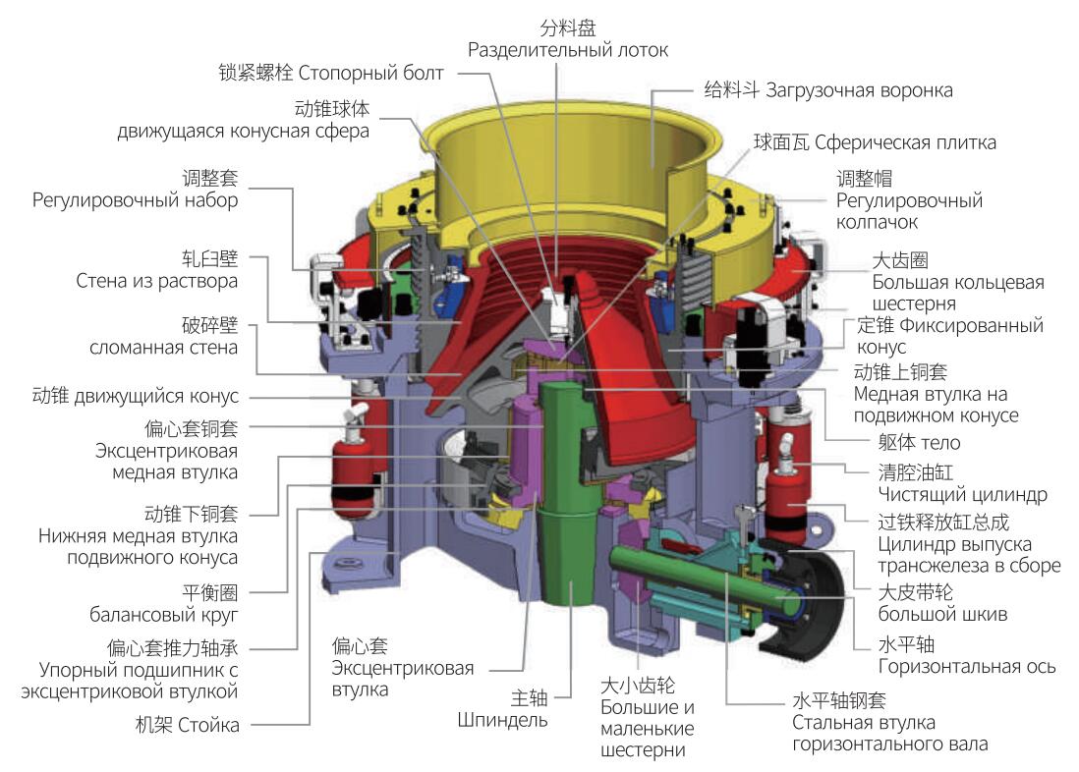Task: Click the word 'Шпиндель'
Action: pos(502,720)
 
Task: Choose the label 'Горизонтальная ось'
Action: pos(967,666)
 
